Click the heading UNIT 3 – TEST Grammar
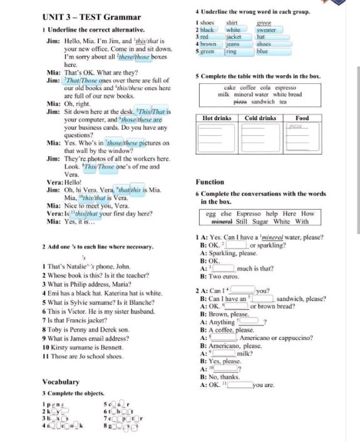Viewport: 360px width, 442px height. pos(91,17)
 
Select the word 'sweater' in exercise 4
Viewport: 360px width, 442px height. pos(266,30)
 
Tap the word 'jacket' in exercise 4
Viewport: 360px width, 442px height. pos(234,37)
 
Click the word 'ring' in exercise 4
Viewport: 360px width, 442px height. pos(230,52)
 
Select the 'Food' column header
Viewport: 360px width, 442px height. pos(302,118)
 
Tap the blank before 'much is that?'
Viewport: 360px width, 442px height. pos(226,269)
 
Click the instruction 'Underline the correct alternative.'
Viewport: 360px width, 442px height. pos(96,29)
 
